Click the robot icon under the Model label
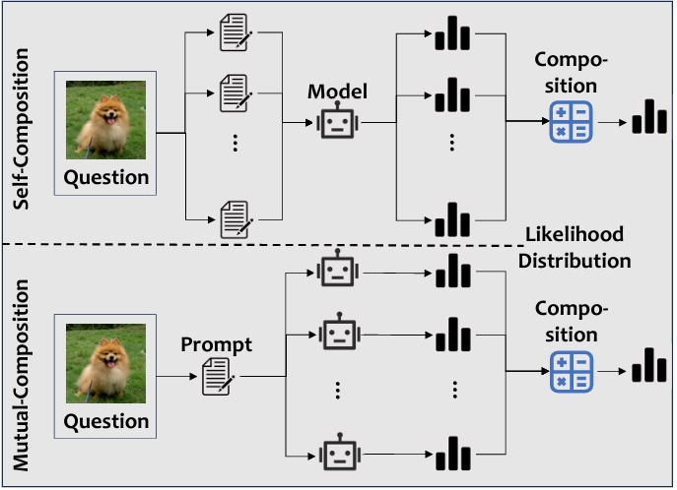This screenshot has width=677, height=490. (x=335, y=124)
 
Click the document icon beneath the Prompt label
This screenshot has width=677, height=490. (x=217, y=376)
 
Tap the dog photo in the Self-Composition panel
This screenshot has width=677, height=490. (x=106, y=120)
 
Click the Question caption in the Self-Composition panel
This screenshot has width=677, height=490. (x=106, y=178)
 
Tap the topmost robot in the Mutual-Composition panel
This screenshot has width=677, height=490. (x=337, y=269)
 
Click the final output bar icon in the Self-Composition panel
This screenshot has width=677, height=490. (x=648, y=117)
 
